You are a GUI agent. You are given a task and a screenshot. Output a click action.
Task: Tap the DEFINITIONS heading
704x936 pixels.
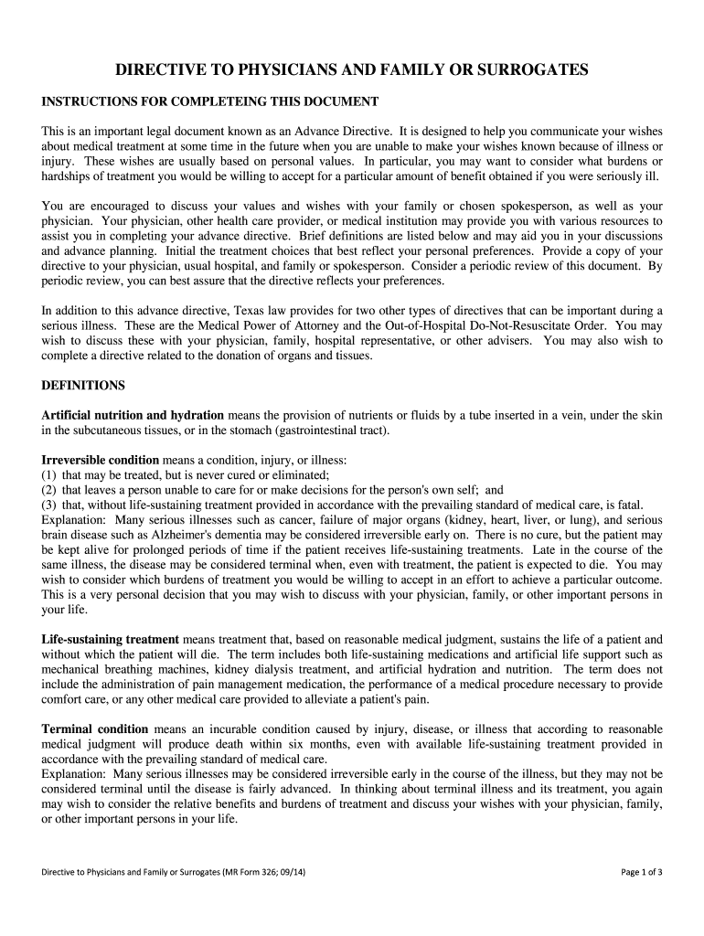[83, 385]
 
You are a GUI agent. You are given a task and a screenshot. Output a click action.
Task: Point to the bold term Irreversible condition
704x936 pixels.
[101, 460]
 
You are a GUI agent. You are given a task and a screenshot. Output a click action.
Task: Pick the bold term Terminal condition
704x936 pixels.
[95, 729]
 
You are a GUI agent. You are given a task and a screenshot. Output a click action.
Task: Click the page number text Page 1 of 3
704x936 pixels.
[642, 872]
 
